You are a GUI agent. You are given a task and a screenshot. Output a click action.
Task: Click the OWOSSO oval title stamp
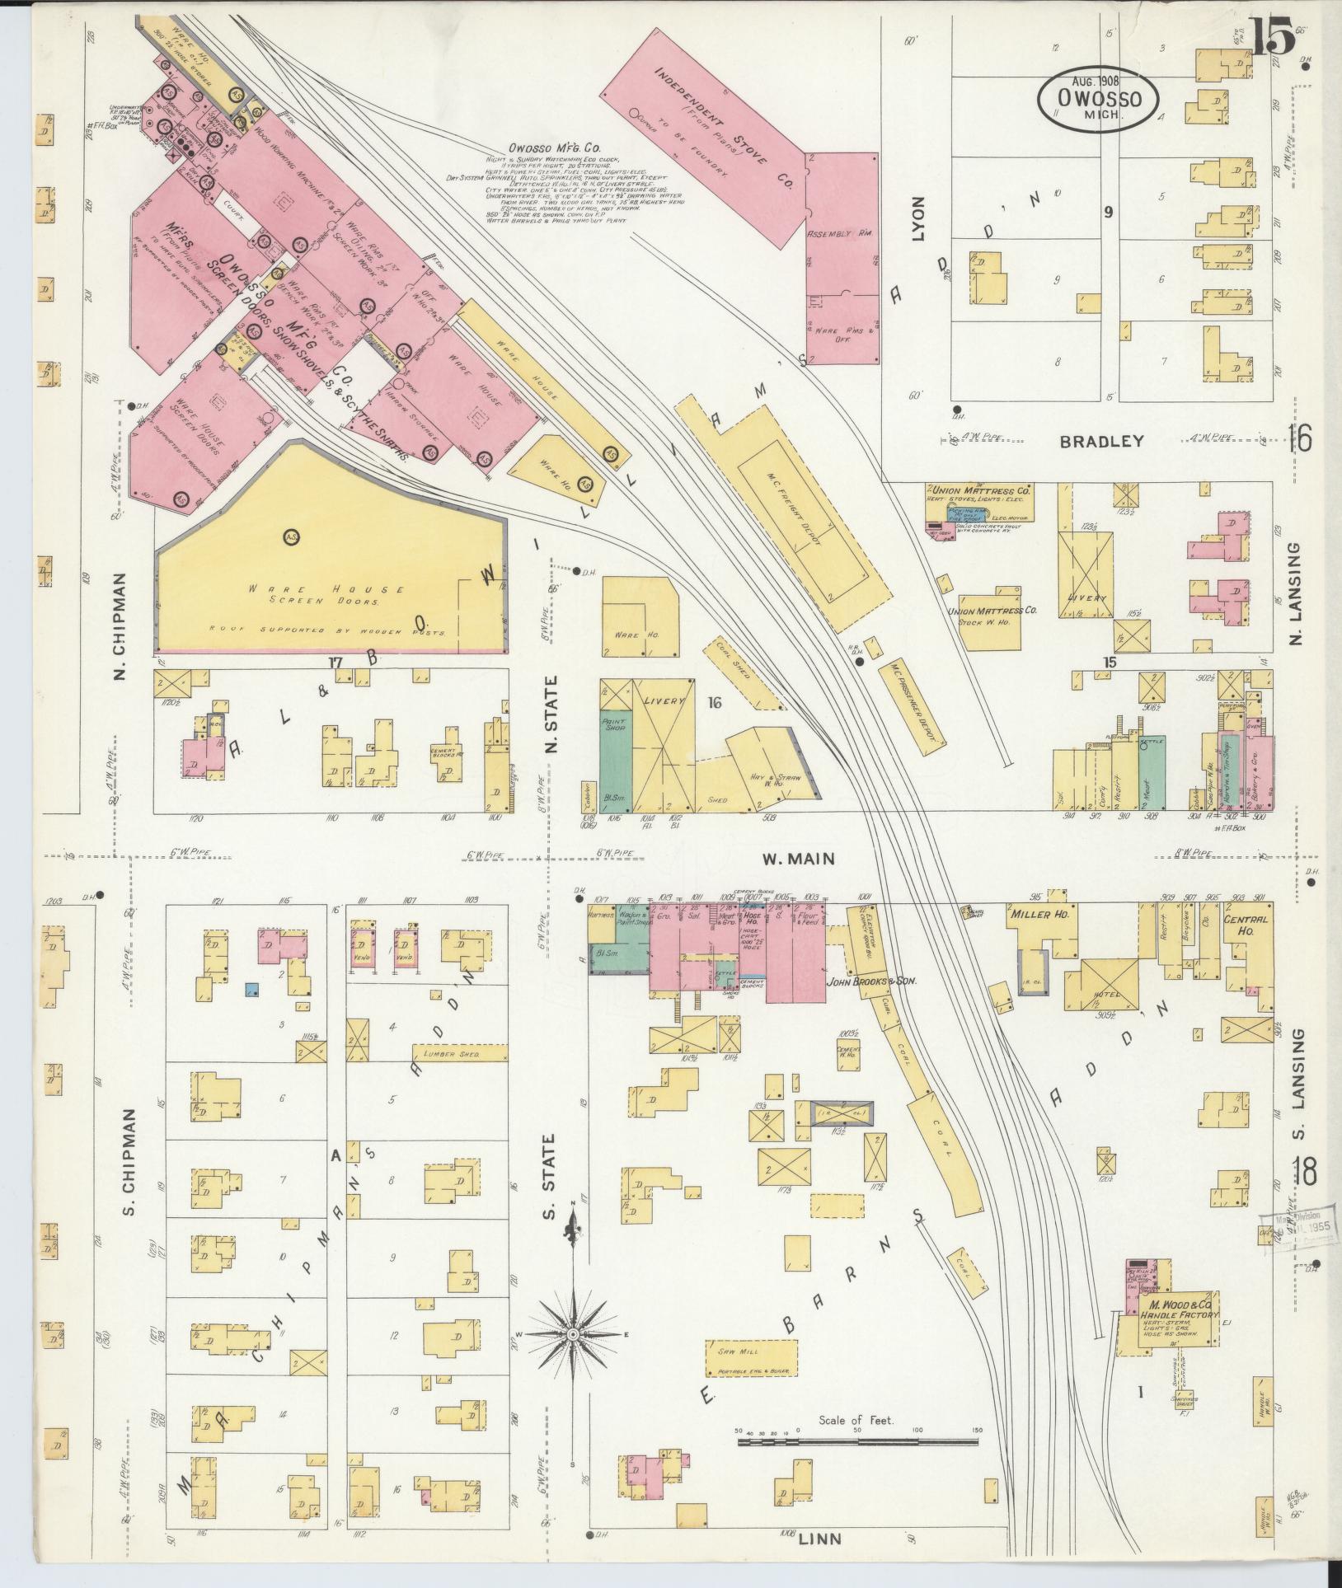[1098, 98]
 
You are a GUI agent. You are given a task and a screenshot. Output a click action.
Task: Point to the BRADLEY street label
[1101, 441]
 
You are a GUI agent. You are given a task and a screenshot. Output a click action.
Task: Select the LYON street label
[918, 218]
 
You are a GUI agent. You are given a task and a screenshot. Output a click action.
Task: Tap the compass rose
[572, 1333]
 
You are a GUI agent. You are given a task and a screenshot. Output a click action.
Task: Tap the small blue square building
[253, 988]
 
